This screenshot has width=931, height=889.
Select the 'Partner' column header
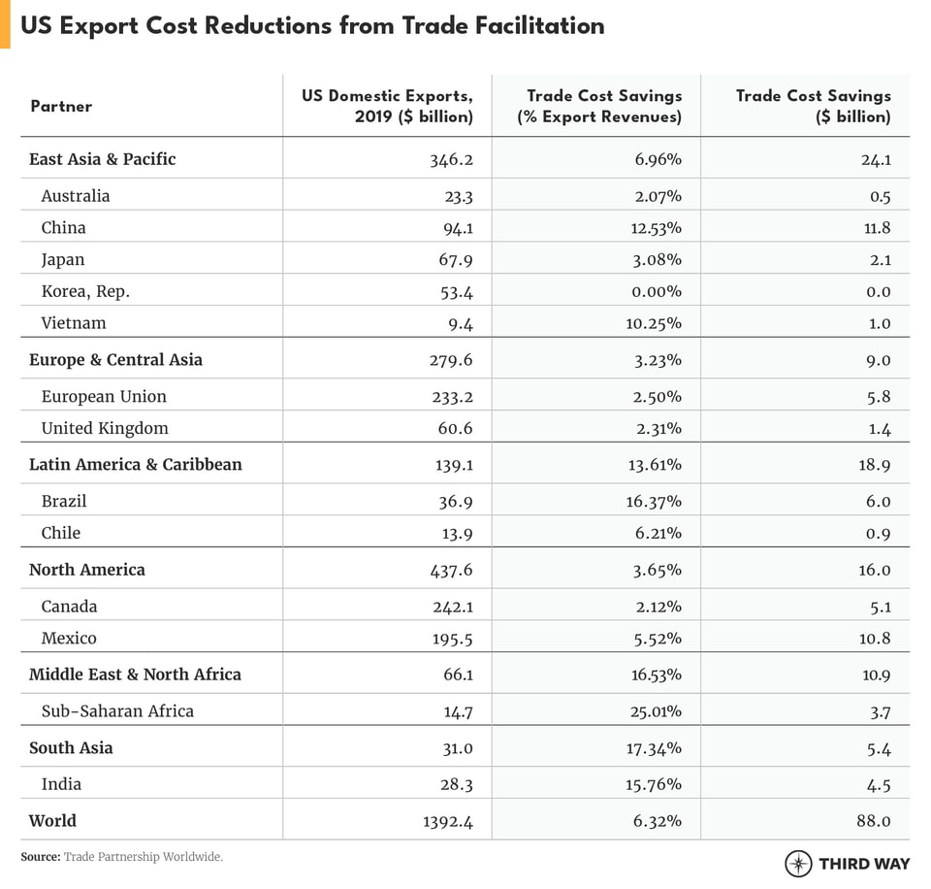coord(61,106)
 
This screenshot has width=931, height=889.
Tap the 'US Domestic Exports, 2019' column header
coord(387,106)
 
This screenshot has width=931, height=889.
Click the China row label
coord(63,227)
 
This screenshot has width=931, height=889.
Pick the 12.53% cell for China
coord(654,227)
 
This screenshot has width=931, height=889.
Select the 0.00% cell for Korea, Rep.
coord(654,291)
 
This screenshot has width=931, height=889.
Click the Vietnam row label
coord(74,322)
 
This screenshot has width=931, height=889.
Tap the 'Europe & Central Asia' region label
coord(115,359)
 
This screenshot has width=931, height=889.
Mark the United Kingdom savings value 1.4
coord(880,428)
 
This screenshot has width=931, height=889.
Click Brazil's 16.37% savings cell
coord(654,501)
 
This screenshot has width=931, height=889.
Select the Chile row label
coord(61,533)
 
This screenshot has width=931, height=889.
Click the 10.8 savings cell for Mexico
coord(876,638)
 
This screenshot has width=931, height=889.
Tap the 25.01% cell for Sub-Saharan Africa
coord(654,711)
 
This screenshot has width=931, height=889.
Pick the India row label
coord(61,784)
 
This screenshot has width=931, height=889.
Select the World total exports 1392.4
coord(446,821)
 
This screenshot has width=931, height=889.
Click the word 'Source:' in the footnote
coord(41,857)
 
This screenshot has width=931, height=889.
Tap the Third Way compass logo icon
coord(798,863)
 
